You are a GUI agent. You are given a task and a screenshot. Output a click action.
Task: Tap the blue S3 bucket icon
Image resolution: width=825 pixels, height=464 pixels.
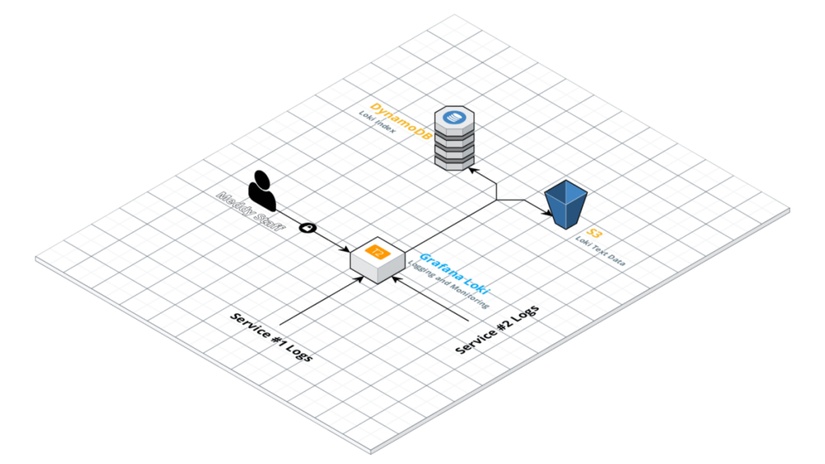click(x=567, y=205)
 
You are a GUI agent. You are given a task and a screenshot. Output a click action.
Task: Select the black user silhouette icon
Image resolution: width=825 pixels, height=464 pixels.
click(x=262, y=190)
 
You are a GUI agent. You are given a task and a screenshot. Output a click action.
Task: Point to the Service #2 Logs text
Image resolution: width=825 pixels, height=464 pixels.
click(x=497, y=329)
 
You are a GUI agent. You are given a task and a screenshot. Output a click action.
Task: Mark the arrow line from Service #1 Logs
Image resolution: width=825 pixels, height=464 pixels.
click(x=321, y=300)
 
